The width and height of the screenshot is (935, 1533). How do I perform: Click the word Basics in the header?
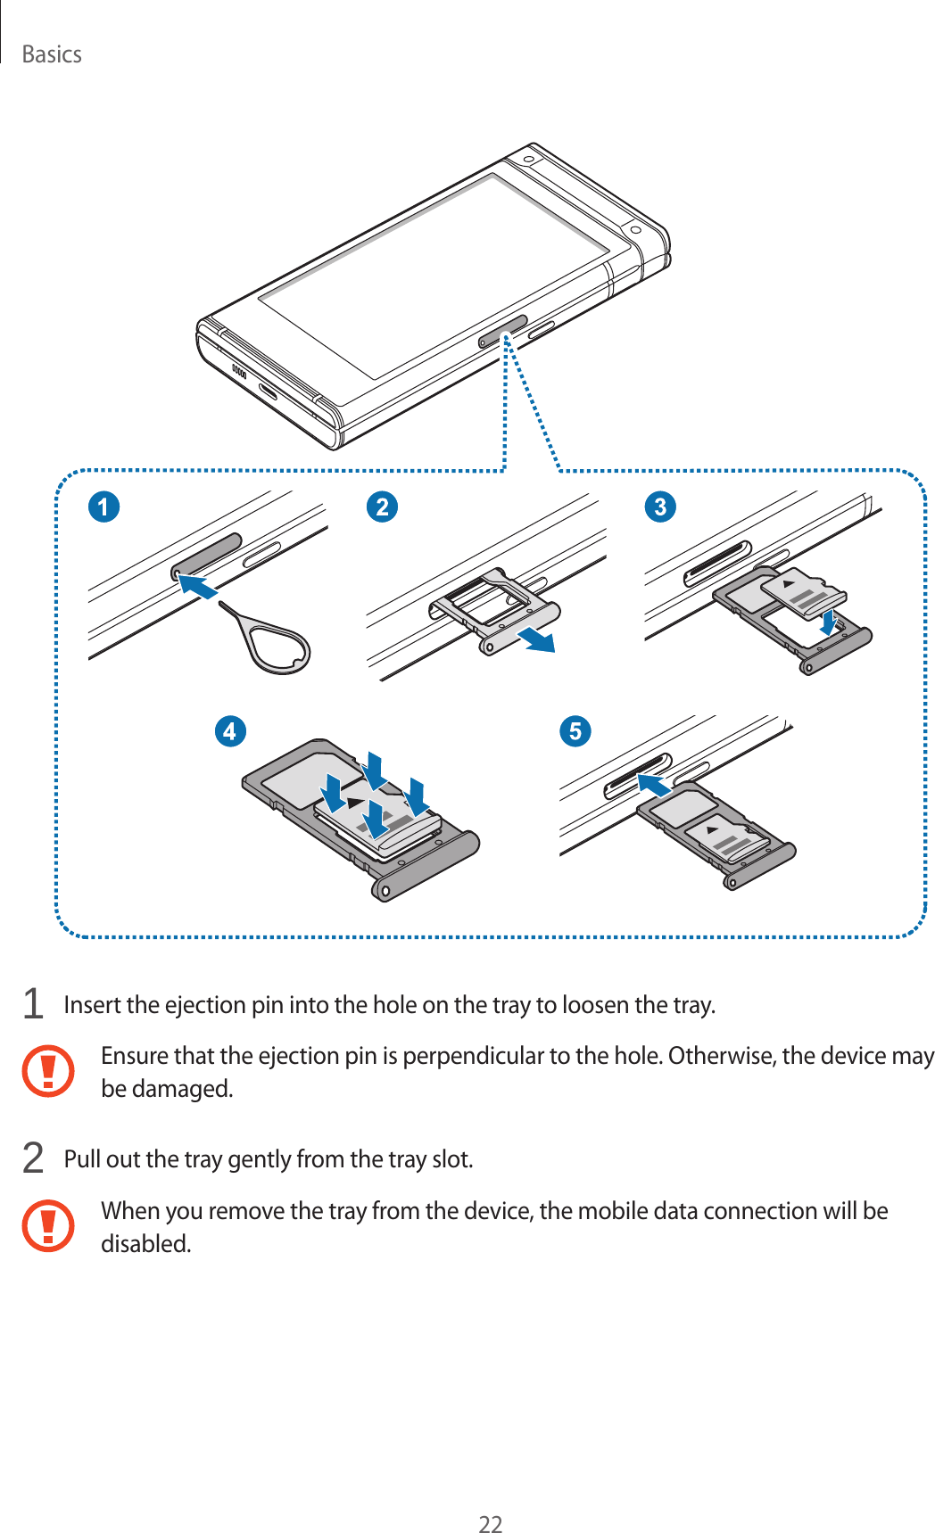pos(52,54)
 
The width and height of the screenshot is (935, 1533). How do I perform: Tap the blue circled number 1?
pos(103,507)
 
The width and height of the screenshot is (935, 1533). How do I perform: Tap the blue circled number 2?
pos(382,507)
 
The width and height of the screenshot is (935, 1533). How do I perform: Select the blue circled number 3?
pos(660,507)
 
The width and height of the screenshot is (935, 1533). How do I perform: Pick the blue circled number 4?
pos(230,731)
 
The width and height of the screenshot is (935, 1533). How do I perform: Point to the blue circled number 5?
pos(575,731)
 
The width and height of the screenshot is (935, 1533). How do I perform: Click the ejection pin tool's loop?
pos(278,647)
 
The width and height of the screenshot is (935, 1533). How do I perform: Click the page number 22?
pos(490,1524)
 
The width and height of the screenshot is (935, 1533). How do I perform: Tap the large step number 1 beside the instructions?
pos(33,1004)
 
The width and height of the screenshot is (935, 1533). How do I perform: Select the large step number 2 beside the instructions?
pos(33,1158)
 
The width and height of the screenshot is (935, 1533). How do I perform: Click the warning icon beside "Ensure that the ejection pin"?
pos(48,1070)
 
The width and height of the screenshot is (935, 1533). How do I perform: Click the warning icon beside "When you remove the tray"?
pos(48,1225)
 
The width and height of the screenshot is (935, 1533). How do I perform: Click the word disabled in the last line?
pos(145,1243)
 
